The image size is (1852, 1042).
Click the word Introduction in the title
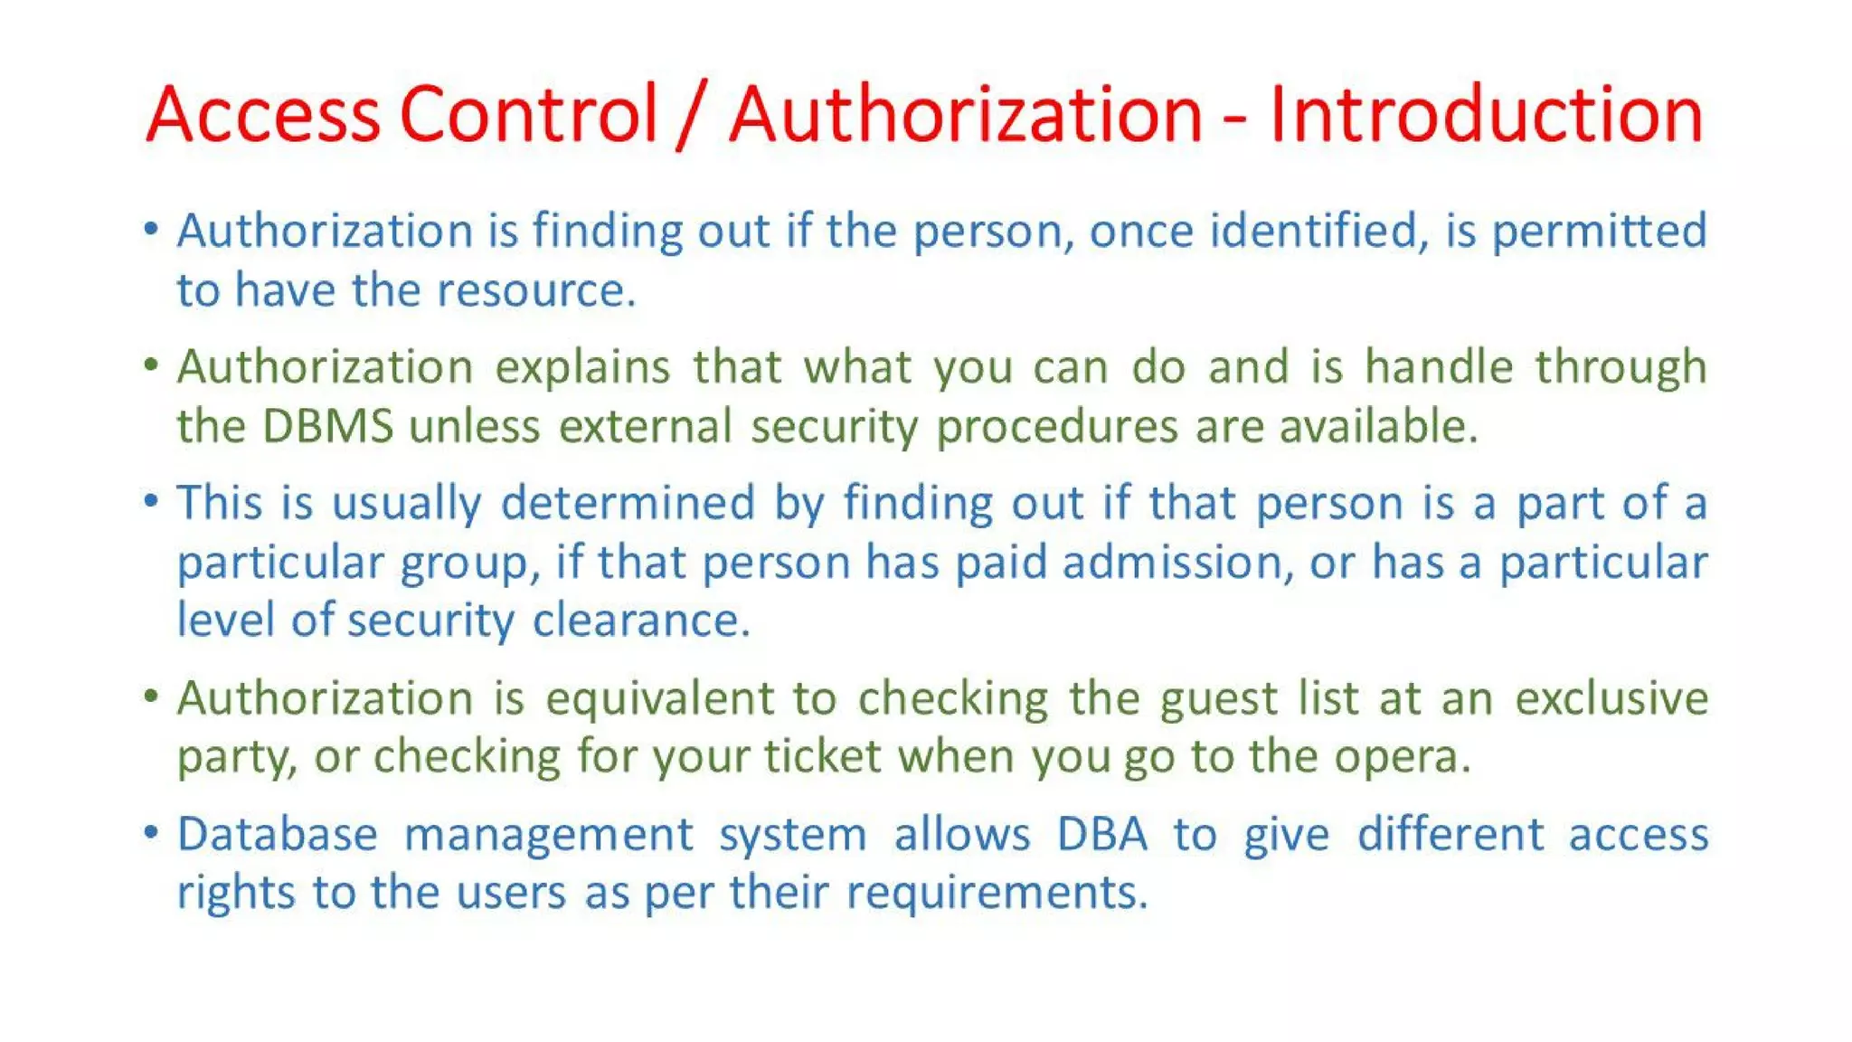(x=1486, y=115)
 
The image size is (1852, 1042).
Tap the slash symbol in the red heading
(x=691, y=115)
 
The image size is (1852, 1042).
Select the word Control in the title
(x=528, y=115)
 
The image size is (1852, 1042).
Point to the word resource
(x=536, y=291)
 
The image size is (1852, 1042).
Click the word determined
(x=628, y=503)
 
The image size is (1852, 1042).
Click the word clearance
(x=641, y=621)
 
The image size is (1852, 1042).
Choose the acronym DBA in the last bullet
(x=1102, y=834)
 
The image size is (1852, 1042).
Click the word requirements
(x=997, y=893)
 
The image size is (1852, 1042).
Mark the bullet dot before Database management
(x=151, y=831)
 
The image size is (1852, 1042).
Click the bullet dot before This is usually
(x=151, y=500)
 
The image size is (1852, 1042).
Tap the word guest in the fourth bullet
(x=1216, y=699)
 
